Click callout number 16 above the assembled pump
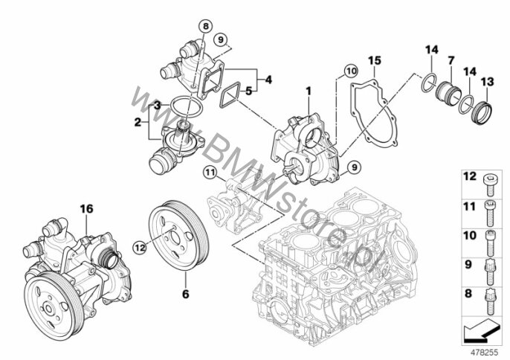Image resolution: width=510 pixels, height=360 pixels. pyautogui.click(x=86, y=209)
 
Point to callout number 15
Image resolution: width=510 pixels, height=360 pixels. pyautogui.click(x=375, y=60)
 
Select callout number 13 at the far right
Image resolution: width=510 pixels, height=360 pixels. pyautogui.click(x=487, y=81)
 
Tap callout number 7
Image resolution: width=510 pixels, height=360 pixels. pyautogui.click(x=451, y=60)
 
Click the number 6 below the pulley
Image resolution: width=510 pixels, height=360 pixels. pyautogui.click(x=185, y=294)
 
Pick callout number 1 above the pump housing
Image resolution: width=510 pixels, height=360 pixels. pyautogui.click(x=309, y=91)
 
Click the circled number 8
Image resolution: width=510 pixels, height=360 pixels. pyautogui.click(x=205, y=26)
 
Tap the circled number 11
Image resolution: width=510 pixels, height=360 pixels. pyautogui.click(x=210, y=172)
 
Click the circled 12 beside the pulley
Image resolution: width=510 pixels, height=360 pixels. pyautogui.click(x=140, y=248)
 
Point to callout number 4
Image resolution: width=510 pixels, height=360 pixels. pyautogui.click(x=268, y=80)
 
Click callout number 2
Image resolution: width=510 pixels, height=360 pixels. pyautogui.click(x=138, y=123)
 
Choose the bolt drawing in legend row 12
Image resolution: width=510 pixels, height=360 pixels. pyautogui.click(x=489, y=184)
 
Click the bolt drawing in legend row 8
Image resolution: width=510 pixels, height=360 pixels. pyautogui.click(x=489, y=301)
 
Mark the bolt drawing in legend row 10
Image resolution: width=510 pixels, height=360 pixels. pyautogui.click(x=489, y=243)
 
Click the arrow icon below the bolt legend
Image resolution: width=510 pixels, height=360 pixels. pyautogui.click(x=480, y=331)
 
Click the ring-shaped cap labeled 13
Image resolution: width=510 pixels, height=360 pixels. pyautogui.click(x=482, y=112)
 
